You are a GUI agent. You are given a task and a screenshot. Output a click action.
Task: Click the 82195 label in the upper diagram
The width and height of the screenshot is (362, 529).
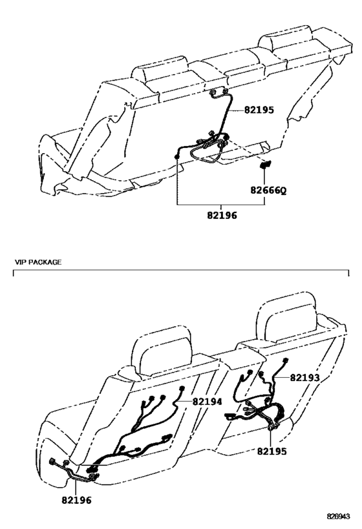[x=259, y=110]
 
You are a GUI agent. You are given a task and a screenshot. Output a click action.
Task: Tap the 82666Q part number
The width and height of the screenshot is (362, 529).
[x=268, y=191]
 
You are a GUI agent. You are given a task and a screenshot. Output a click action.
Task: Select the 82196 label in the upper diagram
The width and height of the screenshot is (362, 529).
[x=222, y=215]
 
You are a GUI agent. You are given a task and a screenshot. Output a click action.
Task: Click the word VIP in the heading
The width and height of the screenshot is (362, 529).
[x=20, y=262]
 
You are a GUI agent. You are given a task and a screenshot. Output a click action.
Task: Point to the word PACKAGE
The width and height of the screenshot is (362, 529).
[x=45, y=262]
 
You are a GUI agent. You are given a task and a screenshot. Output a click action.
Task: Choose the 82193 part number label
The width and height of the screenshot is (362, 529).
[x=304, y=377]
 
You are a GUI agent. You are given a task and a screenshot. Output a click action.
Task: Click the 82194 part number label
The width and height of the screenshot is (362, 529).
[x=208, y=402]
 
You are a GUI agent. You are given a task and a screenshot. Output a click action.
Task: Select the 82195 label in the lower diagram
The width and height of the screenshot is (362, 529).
[x=272, y=451]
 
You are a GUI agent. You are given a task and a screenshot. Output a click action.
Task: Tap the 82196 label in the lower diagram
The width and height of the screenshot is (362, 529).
[x=76, y=500]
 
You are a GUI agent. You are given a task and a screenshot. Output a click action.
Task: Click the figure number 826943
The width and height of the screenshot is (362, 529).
[x=338, y=516]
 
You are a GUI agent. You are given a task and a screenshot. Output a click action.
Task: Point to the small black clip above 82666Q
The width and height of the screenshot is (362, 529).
[x=264, y=165]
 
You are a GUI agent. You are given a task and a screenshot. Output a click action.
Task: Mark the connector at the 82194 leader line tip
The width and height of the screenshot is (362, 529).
[x=183, y=389]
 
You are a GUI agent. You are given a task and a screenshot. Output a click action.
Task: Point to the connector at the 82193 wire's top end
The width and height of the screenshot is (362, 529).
[x=286, y=360]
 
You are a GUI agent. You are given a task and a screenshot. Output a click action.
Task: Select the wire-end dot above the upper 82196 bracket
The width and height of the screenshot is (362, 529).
[x=176, y=156]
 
